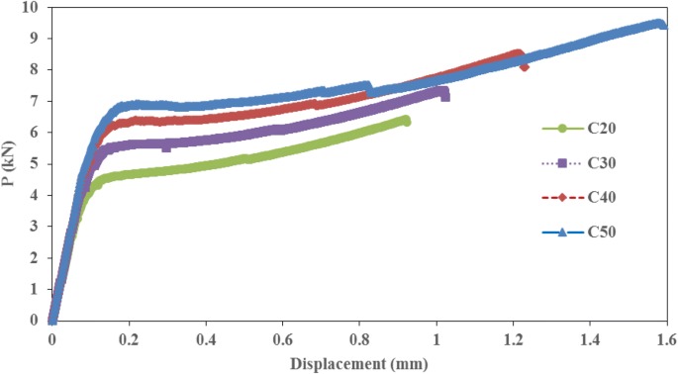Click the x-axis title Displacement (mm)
[357, 363]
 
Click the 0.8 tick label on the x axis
[359, 339]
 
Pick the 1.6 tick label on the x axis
[667, 339]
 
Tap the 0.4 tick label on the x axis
[206, 339]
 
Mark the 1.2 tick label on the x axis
[514, 339]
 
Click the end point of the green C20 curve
[406, 121]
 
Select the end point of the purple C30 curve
[444, 96]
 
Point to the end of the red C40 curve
[524, 66]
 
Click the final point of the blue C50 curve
[662, 25]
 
